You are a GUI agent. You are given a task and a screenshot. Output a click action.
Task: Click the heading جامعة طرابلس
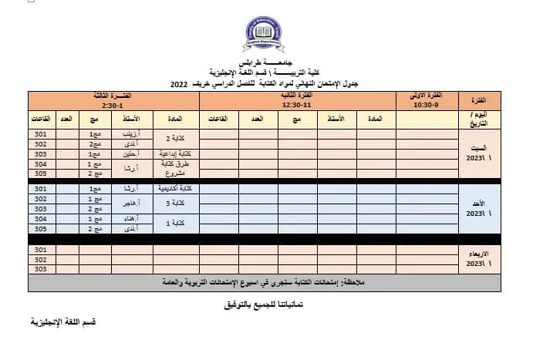[x=266, y=62]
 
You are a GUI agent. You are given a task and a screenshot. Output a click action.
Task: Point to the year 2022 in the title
[x=179, y=82]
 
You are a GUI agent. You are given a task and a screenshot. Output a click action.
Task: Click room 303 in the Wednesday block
[x=41, y=270]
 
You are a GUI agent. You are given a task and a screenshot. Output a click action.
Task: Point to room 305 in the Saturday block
[x=41, y=174]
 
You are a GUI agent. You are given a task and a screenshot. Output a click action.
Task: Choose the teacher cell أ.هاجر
[x=130, y=204]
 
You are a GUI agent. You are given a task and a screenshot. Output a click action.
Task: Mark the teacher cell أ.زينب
[x=130, y=134]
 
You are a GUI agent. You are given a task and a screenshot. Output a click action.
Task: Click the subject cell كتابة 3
[x=177, y=204]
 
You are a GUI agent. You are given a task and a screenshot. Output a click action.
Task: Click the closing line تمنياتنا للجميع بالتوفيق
[x=266, y=305]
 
